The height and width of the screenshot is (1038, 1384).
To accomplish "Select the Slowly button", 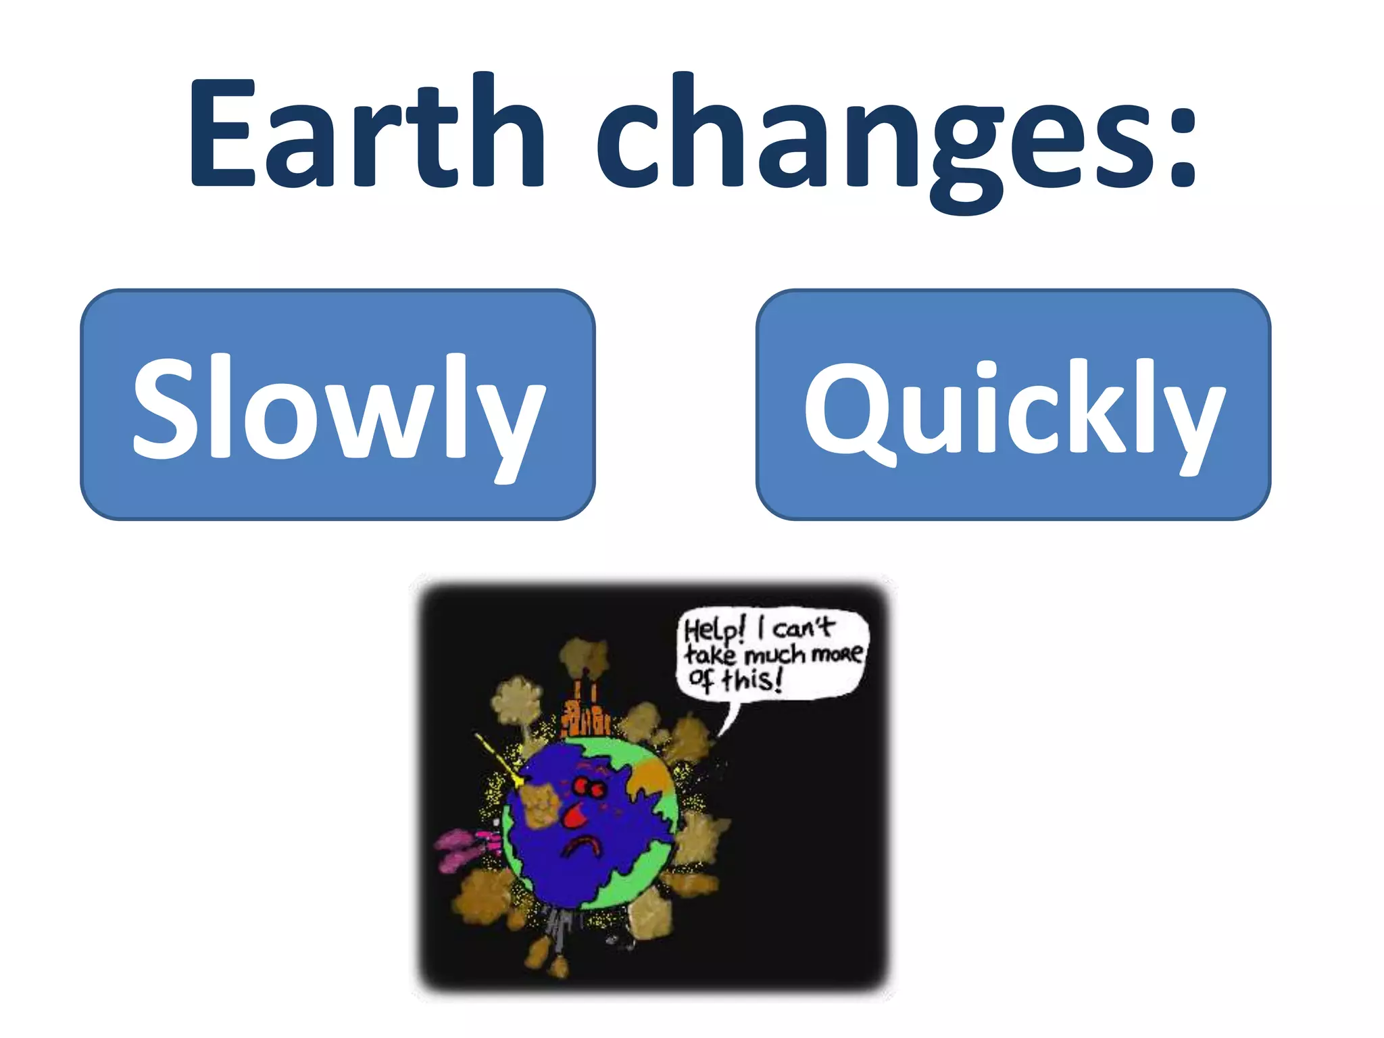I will coord(338,404).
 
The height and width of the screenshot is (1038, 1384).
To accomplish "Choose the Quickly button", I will coord(1013,404).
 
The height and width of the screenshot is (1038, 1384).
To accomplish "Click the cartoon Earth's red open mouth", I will coord(574,816).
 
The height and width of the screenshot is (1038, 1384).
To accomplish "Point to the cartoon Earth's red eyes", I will coord(588,787).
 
